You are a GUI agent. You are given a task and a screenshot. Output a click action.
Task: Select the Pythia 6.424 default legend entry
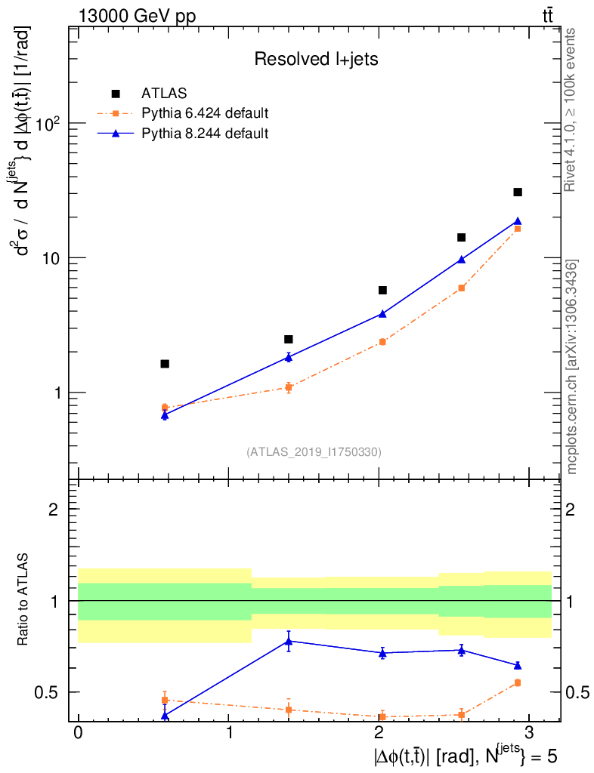coord(205,114)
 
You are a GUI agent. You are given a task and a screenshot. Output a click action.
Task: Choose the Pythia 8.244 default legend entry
coord(205,134)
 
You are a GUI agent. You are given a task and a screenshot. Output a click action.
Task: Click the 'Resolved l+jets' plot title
coord(316,60)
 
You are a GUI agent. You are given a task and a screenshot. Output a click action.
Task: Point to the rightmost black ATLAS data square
coord(518,192)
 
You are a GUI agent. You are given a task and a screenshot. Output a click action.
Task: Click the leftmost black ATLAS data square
coord(165,364)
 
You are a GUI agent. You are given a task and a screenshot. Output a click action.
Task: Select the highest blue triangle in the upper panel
coord(518,221)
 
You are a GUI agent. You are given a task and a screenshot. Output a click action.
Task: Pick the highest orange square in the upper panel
coord(518,228)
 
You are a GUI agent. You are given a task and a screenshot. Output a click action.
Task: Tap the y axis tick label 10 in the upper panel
coord(50,257)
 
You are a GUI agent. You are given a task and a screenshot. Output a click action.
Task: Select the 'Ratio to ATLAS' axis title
coord(25,599)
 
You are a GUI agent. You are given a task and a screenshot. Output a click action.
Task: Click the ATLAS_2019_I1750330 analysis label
coord(314,452)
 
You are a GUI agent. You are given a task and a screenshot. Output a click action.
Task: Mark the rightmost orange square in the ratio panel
coord(518,682)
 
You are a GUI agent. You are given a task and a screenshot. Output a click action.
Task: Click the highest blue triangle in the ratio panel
coord(289,641)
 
